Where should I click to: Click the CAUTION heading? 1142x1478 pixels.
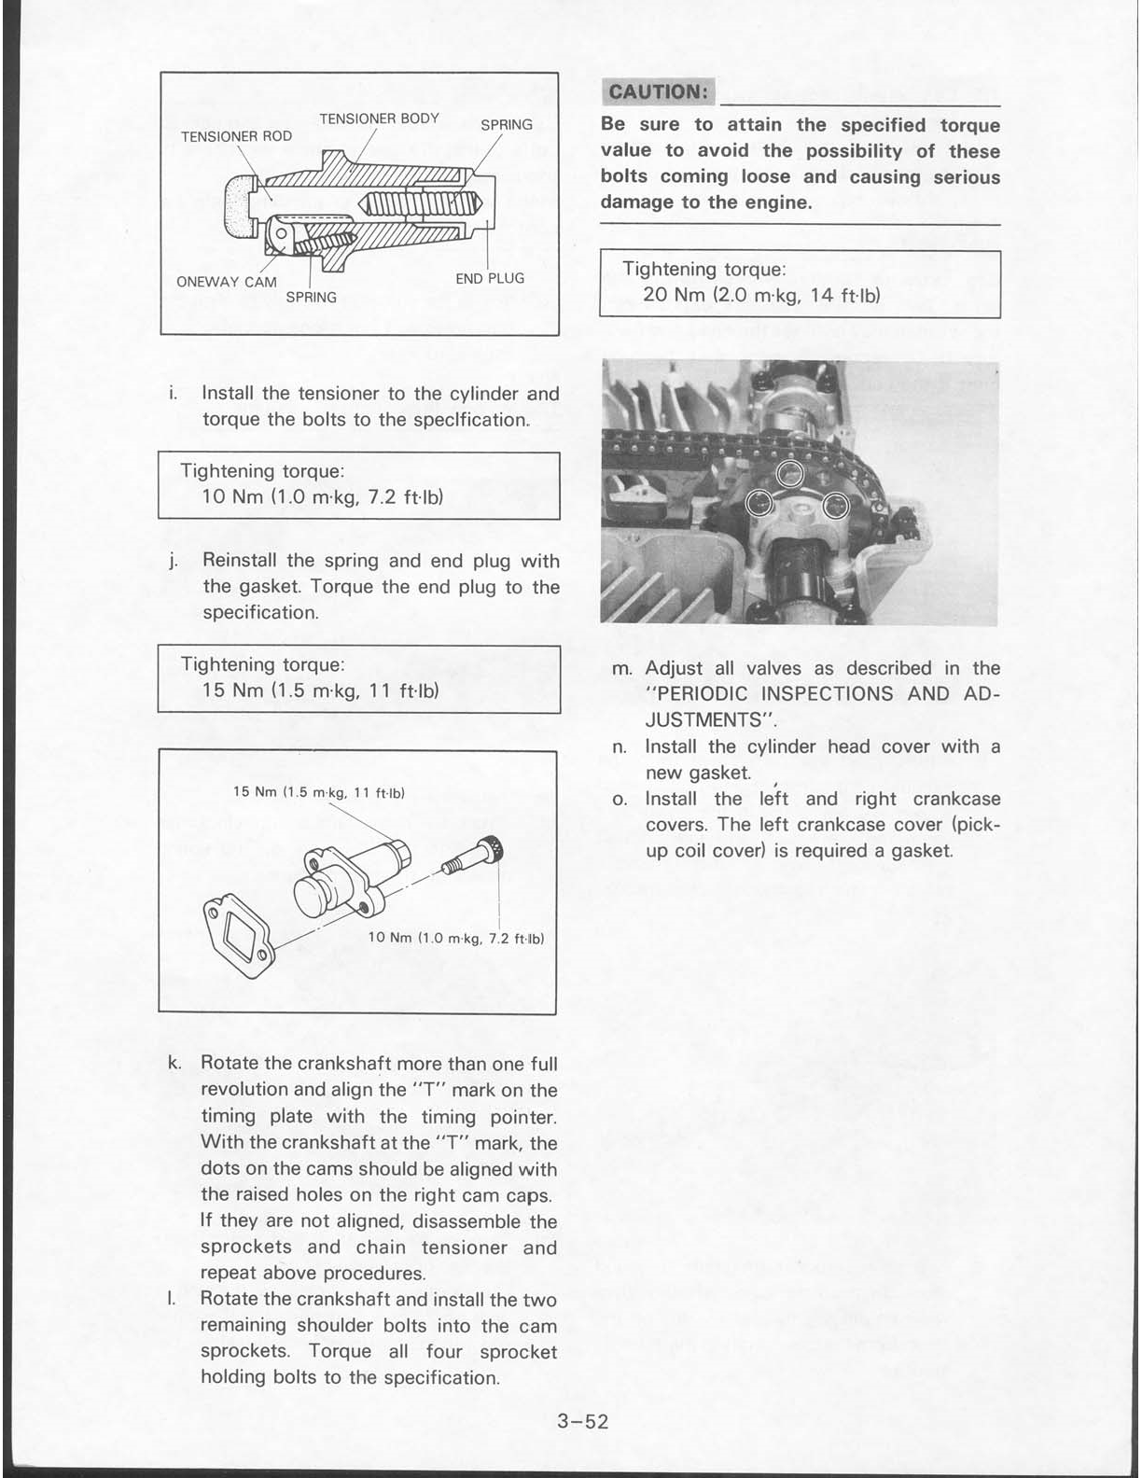click(x=658, y=91)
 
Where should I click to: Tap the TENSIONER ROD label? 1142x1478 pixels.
click(x=236, y=136)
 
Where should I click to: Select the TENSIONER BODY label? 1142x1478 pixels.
click(x=379, y=119)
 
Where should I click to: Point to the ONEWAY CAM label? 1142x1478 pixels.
click(x=226, y=282)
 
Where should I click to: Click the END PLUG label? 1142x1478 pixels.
click(x=490, y=278)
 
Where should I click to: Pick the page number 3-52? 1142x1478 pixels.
click(x=582, y=1421)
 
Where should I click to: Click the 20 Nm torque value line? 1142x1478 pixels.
click(x=761, y=296)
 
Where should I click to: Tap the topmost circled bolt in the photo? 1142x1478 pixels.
click(x=790, y=473)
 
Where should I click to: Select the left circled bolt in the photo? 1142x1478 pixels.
click(x=759, y=504)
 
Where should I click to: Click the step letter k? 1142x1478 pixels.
click(x=174, y=1063)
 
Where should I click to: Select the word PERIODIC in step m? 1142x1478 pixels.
click(x=699, y=694)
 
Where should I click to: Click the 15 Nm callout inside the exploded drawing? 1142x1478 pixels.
click(x=317, y=793)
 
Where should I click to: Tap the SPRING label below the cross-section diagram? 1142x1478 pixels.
click(x=311, y=297)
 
